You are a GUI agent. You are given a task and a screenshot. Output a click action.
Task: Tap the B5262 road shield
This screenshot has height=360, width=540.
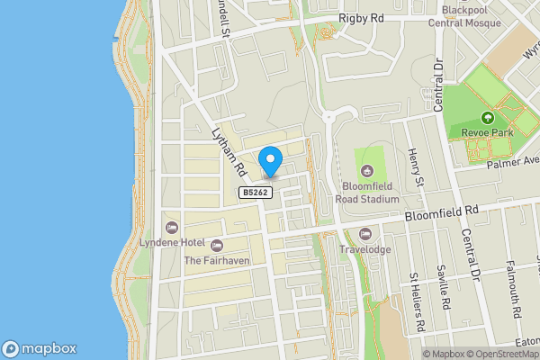coord(256,193)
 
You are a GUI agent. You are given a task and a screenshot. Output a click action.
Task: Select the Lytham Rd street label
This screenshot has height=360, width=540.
coord(228,150)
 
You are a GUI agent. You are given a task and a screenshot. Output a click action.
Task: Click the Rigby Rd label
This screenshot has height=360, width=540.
coord(362,18)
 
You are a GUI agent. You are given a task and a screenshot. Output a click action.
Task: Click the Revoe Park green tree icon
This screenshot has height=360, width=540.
coord(488,118)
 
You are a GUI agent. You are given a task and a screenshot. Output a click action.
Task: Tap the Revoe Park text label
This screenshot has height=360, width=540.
coord(488,134)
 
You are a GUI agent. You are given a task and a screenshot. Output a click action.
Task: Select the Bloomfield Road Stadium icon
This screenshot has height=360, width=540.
coord(366,171)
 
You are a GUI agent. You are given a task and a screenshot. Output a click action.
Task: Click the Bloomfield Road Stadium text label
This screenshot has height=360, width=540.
coord(366,192)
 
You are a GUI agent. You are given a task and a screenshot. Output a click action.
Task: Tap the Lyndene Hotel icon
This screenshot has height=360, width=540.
coord(171,226)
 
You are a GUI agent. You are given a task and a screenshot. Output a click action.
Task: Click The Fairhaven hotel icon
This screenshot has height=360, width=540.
coord(216,245)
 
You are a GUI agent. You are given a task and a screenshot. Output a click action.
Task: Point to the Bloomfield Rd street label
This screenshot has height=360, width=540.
coord(439,213)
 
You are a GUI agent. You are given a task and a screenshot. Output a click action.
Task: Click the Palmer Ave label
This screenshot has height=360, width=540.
coord(511,161)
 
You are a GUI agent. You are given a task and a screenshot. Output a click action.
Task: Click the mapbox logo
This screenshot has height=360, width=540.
coord(40,349)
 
